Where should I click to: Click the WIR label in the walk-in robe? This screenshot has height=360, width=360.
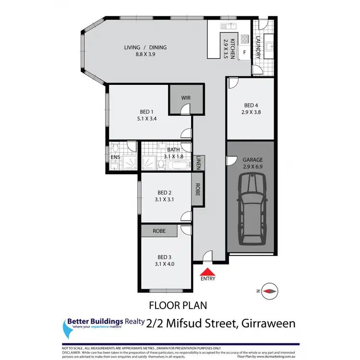click(186, 98)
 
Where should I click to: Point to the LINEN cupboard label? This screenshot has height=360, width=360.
click(199, 163)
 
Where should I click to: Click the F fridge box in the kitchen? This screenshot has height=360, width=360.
click(244, 52)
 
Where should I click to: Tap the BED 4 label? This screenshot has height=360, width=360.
click(251, 106)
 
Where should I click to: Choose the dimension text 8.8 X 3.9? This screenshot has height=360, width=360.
click(145, 55)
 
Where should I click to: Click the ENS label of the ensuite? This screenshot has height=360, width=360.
click(115, 156)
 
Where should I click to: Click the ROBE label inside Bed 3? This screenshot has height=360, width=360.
click(159, 231)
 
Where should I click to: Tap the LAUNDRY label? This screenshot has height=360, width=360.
click(258, 48)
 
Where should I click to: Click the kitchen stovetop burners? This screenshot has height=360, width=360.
click(244, 38)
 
